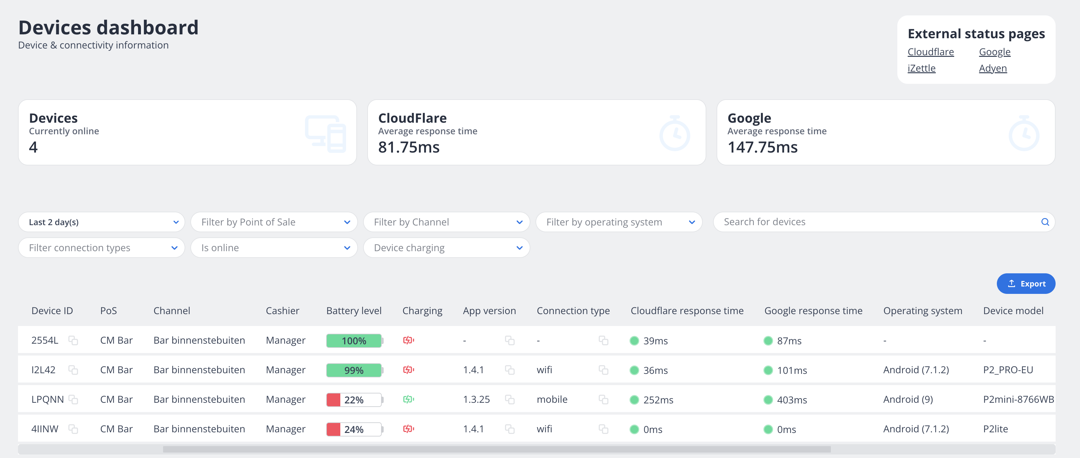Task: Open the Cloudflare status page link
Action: coord(930,52)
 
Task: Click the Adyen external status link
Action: coord(992,68)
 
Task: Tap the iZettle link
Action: coord(921,68)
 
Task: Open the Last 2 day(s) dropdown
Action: coord(101,222)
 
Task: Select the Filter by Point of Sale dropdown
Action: coord(274,222)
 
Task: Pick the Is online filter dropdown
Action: coord(274,248)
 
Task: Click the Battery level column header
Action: coord(353,311)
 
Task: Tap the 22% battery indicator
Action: coord(354,400)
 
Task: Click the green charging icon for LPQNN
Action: coord(408,399)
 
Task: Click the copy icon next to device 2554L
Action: coord(74,340)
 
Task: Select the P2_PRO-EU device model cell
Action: coord(1007,370)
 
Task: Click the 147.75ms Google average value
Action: coord(762,147)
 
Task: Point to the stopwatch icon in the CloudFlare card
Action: coord(674,133)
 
